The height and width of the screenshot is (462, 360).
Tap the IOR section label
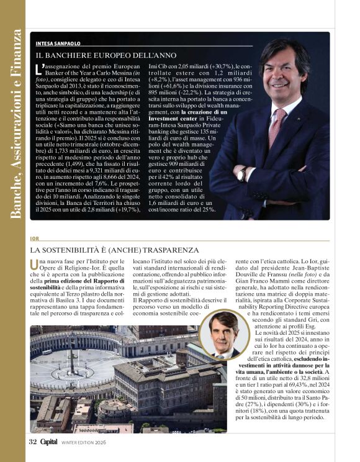pyautogui.click(x=34, y=238)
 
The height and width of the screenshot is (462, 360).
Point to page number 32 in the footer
pyautogui.click(x=33, y=442)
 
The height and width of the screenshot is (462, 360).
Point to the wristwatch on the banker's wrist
pyautogui.click(x=241, y=174)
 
